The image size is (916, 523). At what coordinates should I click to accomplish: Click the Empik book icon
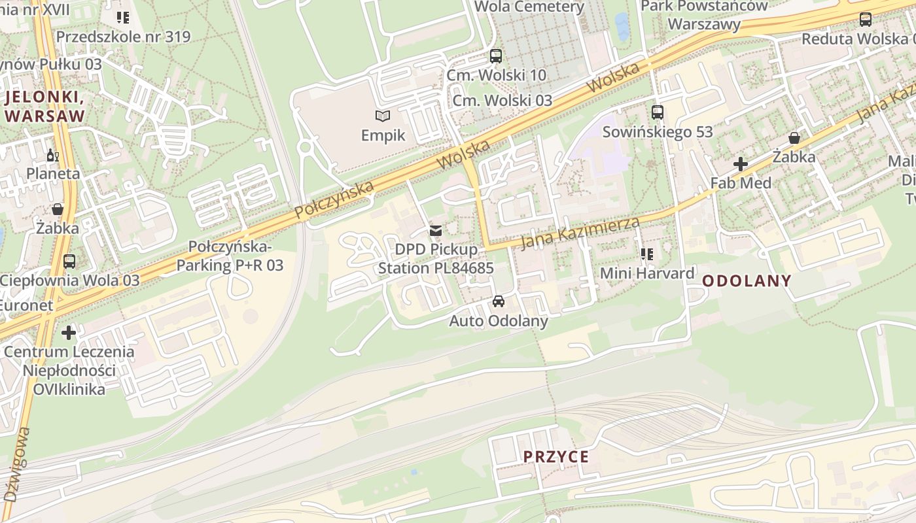[x=383, y=116]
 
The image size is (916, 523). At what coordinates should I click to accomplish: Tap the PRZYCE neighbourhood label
[x=556, y=456]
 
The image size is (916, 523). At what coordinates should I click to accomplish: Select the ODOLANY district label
[x=747, y=281]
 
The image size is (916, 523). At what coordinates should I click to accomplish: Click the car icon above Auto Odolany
[x=499, y=301]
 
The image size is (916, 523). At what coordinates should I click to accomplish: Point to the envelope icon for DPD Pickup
[x=436, y=231]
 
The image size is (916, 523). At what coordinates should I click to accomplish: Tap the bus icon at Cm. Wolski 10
[x=496, y=56]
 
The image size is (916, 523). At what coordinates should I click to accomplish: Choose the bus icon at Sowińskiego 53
[x=658, y=112]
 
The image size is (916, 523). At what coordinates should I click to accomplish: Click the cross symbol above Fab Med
[x=741, y=164]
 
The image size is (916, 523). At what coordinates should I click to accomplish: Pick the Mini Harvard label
[x=647, y=273]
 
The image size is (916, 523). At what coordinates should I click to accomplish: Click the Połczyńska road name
[x=334, y=199]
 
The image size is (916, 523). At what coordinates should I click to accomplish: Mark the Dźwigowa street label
[x=16, y=464]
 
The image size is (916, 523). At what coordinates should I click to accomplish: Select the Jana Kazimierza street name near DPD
[x=580, y=233]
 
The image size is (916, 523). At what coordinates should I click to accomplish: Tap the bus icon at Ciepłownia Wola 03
[x=69, y=261]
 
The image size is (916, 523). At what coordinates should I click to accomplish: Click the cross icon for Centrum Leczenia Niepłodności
[x=69, y=333]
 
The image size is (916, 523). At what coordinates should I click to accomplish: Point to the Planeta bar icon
[x=52, y=156]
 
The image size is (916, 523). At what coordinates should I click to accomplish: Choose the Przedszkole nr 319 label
[x=123, y=37]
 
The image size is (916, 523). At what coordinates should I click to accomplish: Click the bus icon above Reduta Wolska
[x=866, y=20]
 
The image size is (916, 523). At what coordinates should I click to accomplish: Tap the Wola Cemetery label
[x=529, y=7]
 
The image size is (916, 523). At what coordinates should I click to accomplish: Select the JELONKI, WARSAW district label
[x=44, y=107]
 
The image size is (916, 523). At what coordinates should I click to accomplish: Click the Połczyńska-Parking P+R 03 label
[x=230, y=256]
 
